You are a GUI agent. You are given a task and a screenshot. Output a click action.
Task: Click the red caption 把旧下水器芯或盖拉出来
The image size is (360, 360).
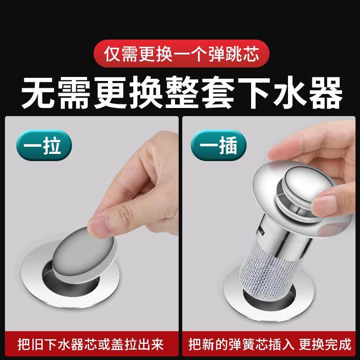point(90,345)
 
